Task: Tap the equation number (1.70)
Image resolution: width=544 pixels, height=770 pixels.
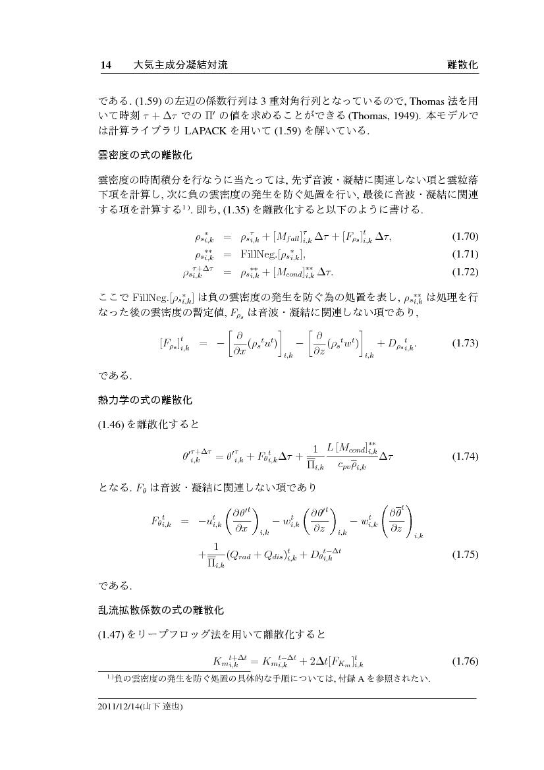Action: [464, 236]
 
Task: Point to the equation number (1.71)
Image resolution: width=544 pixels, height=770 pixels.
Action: [464, 254]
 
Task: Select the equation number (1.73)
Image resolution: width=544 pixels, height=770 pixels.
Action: [464, 343]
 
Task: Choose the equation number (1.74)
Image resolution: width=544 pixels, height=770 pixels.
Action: [464, 456]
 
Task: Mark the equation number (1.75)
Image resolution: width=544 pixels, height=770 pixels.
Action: [464, 554]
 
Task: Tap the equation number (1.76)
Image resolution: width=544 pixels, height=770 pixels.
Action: [464, 661]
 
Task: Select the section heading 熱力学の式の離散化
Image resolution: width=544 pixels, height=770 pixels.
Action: [146, 400]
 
